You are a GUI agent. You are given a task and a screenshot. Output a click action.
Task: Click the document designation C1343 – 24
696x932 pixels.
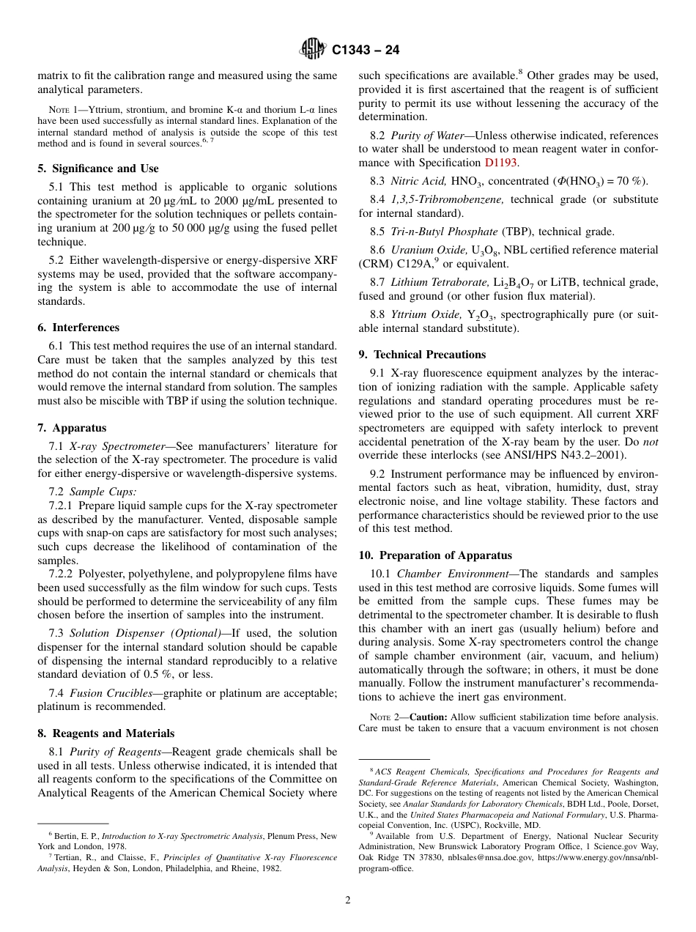[366, 50]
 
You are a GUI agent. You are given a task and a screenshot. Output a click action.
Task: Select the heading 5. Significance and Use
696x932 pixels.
[98, 169]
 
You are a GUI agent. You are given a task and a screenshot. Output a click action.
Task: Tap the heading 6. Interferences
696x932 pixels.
[78, 328]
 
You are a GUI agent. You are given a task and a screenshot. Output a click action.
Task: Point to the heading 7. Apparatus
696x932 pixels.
[72, 428]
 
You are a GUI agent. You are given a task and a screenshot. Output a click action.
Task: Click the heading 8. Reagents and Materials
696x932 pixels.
[106, 733]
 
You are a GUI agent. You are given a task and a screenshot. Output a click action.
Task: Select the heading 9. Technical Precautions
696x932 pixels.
[422, 355]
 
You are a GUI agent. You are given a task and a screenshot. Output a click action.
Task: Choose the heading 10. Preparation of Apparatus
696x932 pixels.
[435, 555]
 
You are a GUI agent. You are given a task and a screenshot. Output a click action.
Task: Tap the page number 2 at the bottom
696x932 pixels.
[348, 901]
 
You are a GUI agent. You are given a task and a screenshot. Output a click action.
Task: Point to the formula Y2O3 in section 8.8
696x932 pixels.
[481, 315]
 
